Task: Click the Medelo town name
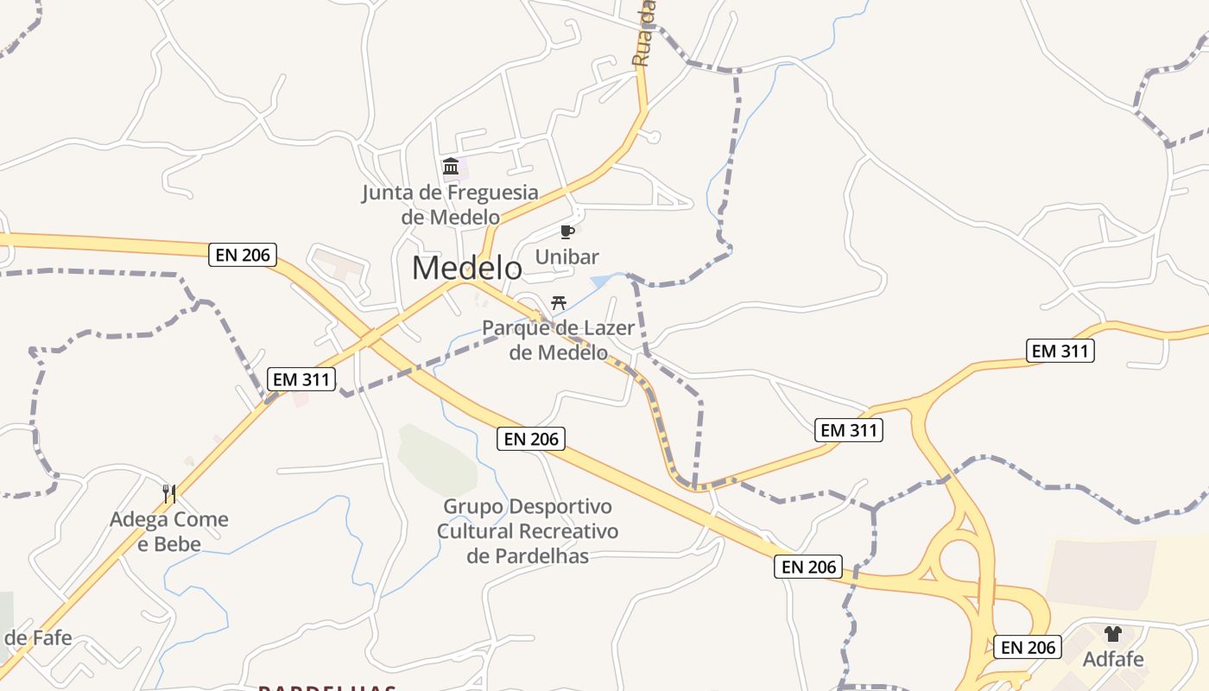(x=466, y=268)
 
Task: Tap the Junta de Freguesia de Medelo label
(x=450, y=205)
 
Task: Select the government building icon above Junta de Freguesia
(x=451, y=166)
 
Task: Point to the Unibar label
(x=567, y=257)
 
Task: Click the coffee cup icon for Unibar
(x=567, y=231)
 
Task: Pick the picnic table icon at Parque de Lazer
(x=559, y=302)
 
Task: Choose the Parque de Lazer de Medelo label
(x=558, y=340)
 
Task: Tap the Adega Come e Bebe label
(x=169, y=531)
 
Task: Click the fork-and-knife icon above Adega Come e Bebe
(x=169, y=494)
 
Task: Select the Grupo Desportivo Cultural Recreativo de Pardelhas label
(x=528, y=530)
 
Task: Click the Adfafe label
(x=1113, y=659)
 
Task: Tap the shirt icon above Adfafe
(x=1112, y=634)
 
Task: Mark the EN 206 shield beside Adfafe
(x=1027, y=647)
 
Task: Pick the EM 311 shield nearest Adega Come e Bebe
(x=300, y=379)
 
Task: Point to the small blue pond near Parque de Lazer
(x=602, y=281)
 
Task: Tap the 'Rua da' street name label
(x=643, y=35)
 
